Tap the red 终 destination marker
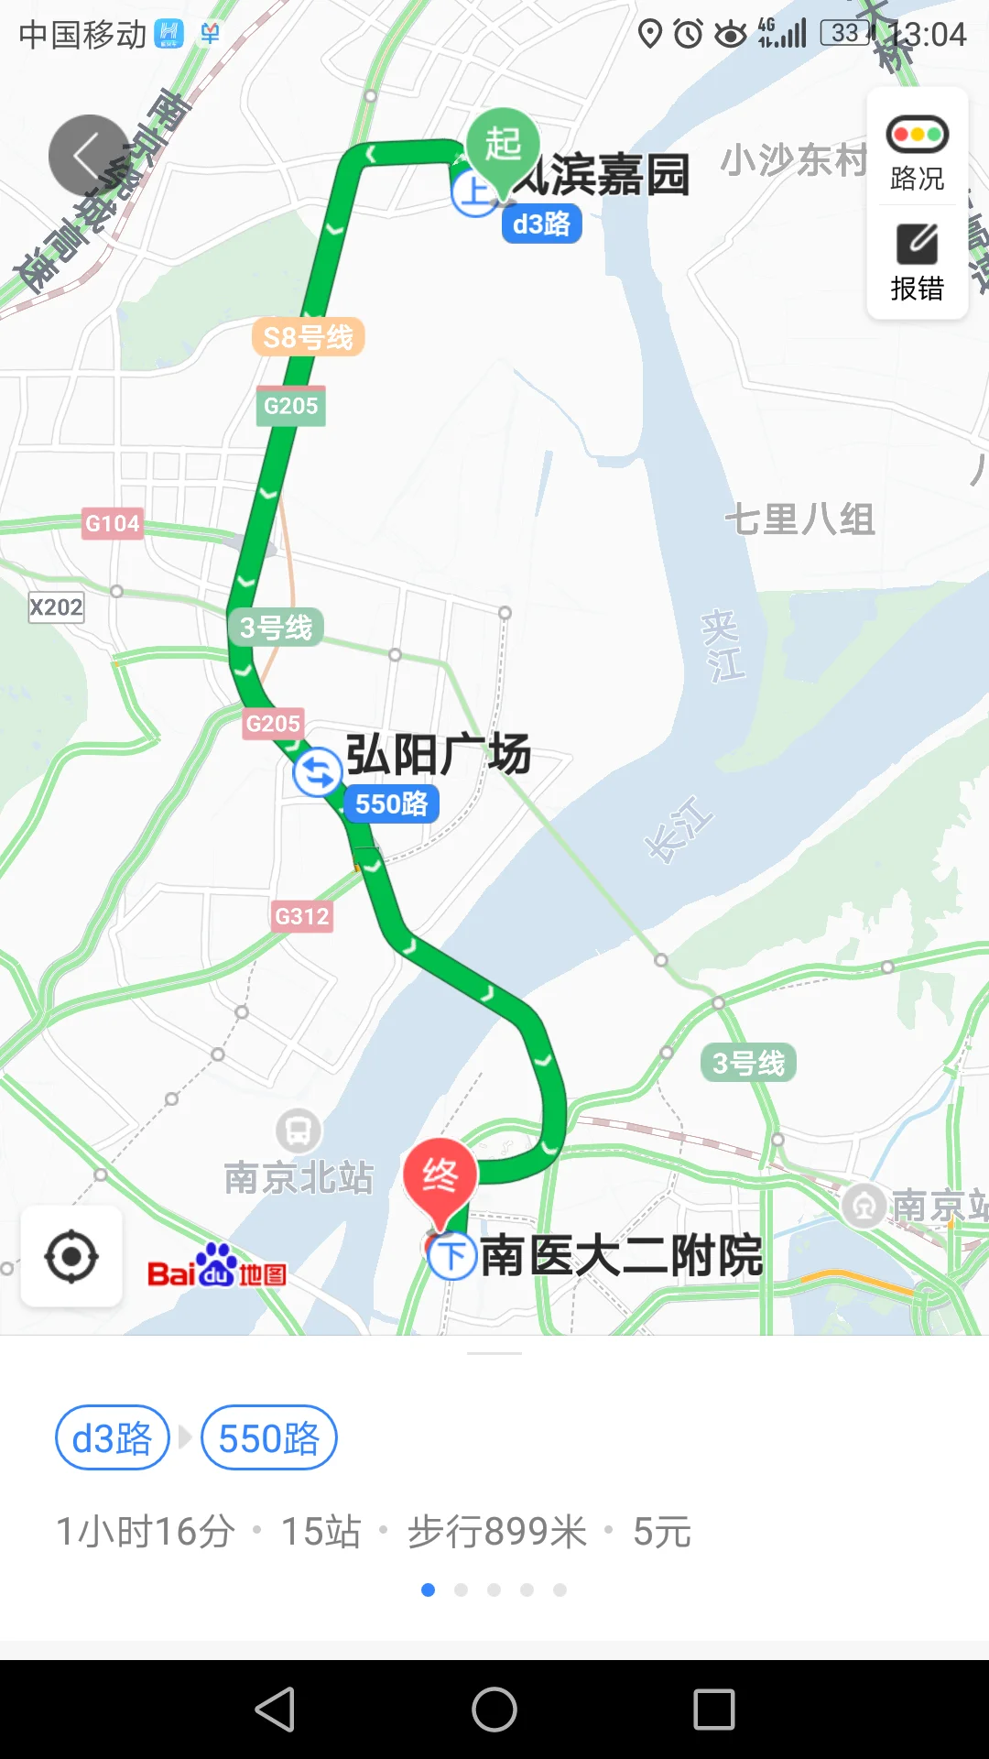coord(440,1176)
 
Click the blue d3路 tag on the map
coord(541,224)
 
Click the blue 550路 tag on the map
coord(391,803)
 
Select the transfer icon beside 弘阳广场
coord(317,772)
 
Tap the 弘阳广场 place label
coord(438,754)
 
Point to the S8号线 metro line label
coord(308,337)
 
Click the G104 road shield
coord(113,523)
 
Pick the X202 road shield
coord(56,606)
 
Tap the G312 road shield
coord(302,916)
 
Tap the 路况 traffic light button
coord(917,151)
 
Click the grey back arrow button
coord(89,155)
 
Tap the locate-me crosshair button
coord(71,1256)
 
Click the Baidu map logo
coord(217,1268)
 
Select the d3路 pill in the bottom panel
coord(113,1437)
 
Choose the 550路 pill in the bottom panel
coord(268,1437)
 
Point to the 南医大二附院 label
coord(621,1255)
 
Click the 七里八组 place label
coord(799,519)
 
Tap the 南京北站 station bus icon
coord(299,1131)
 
